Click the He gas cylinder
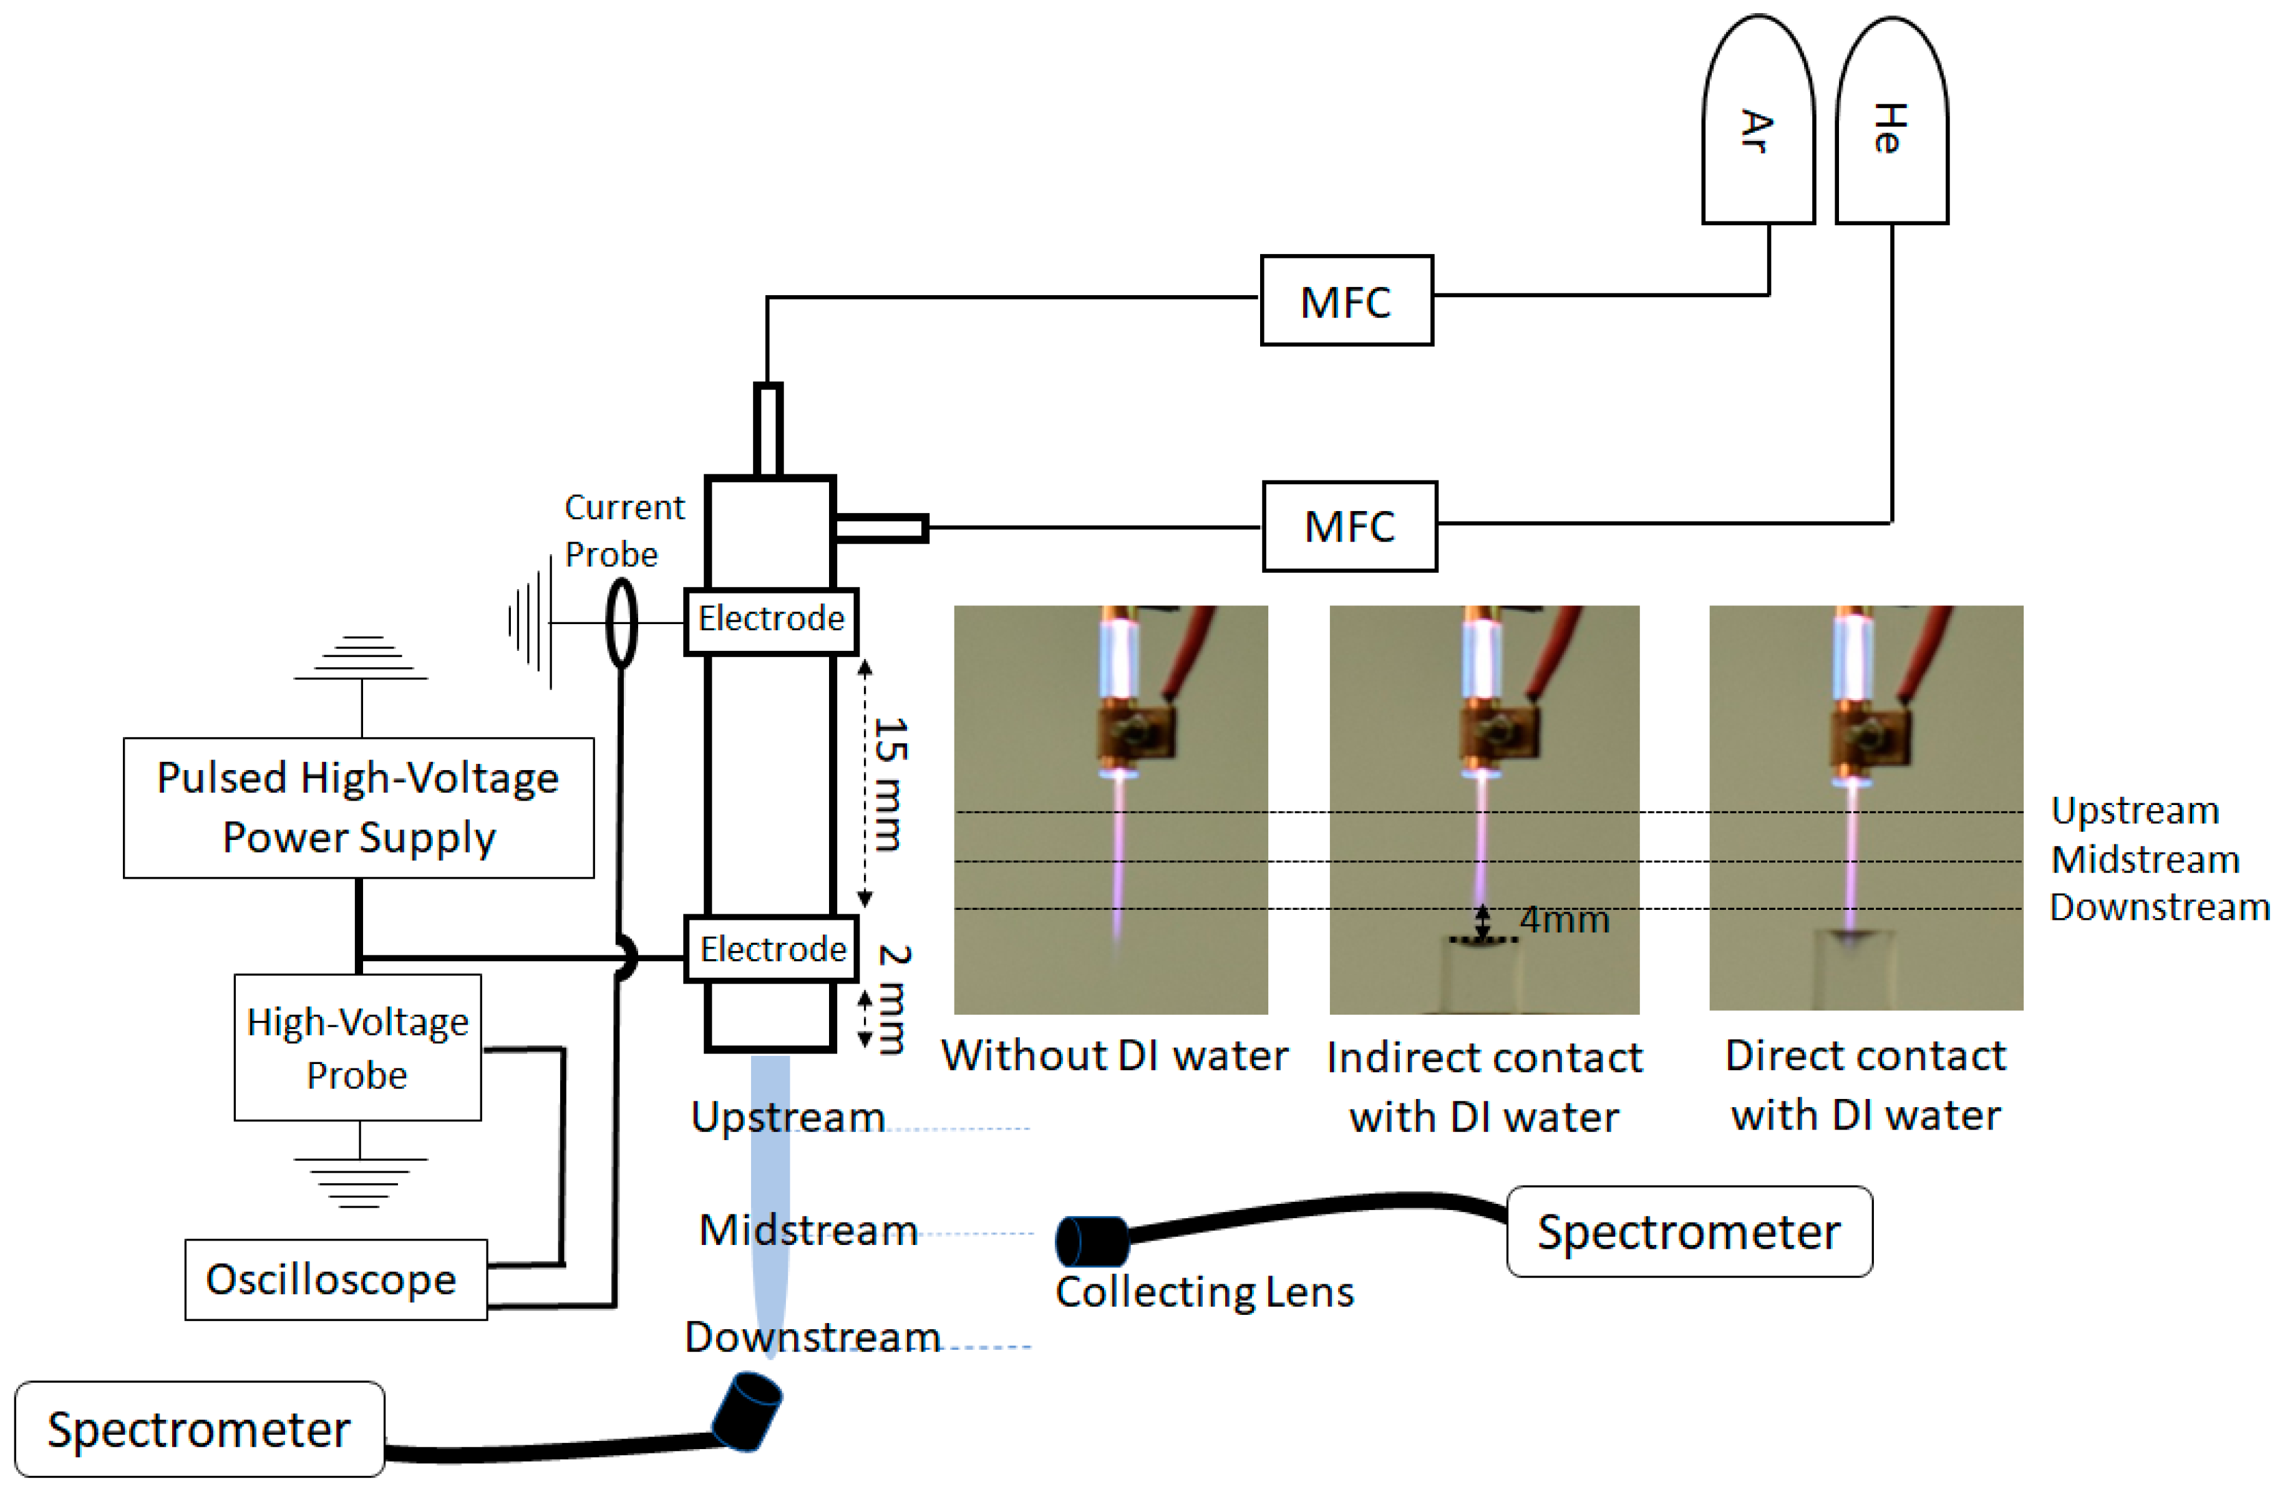1891,125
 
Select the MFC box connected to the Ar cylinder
1346,300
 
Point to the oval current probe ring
621,623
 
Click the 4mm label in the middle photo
1563,919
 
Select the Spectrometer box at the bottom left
199,1428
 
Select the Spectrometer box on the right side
1689,1231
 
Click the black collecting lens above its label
1092,1240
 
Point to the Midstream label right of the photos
2145,859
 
